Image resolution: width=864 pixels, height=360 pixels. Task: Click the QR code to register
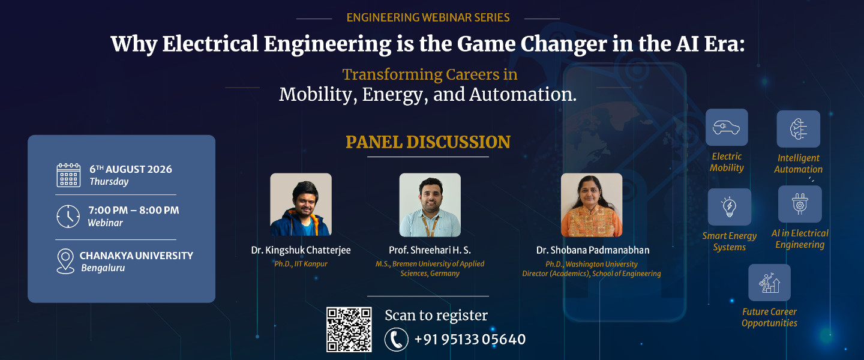349,329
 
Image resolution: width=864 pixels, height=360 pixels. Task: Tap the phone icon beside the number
396,340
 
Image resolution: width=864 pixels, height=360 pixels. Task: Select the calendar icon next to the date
68,175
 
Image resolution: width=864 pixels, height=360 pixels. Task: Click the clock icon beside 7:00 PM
68,217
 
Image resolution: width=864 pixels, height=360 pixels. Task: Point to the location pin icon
65,261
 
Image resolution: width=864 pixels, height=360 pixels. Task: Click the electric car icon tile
727,127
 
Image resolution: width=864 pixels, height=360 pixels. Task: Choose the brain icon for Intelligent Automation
799,129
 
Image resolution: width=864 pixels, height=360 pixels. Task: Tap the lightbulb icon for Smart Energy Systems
730,207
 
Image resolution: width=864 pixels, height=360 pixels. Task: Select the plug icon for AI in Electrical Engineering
800,204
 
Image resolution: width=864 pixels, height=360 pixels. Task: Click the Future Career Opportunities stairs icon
769,283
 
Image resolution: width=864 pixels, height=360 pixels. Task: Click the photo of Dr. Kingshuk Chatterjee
301,205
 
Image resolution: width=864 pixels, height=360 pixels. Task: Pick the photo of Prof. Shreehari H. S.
430,205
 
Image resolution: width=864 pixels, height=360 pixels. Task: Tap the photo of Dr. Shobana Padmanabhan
592,205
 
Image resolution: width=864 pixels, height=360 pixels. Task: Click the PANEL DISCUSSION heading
428,142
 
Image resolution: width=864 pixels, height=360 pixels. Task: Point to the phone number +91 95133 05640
470,340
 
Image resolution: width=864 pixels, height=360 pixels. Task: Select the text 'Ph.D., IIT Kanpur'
301,264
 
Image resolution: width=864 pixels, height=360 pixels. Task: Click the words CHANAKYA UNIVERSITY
136,256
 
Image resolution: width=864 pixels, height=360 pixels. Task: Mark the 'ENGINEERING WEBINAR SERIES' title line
428,18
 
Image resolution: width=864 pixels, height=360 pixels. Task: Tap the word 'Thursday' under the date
109,182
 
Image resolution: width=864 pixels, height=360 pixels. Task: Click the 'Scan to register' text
436,316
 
